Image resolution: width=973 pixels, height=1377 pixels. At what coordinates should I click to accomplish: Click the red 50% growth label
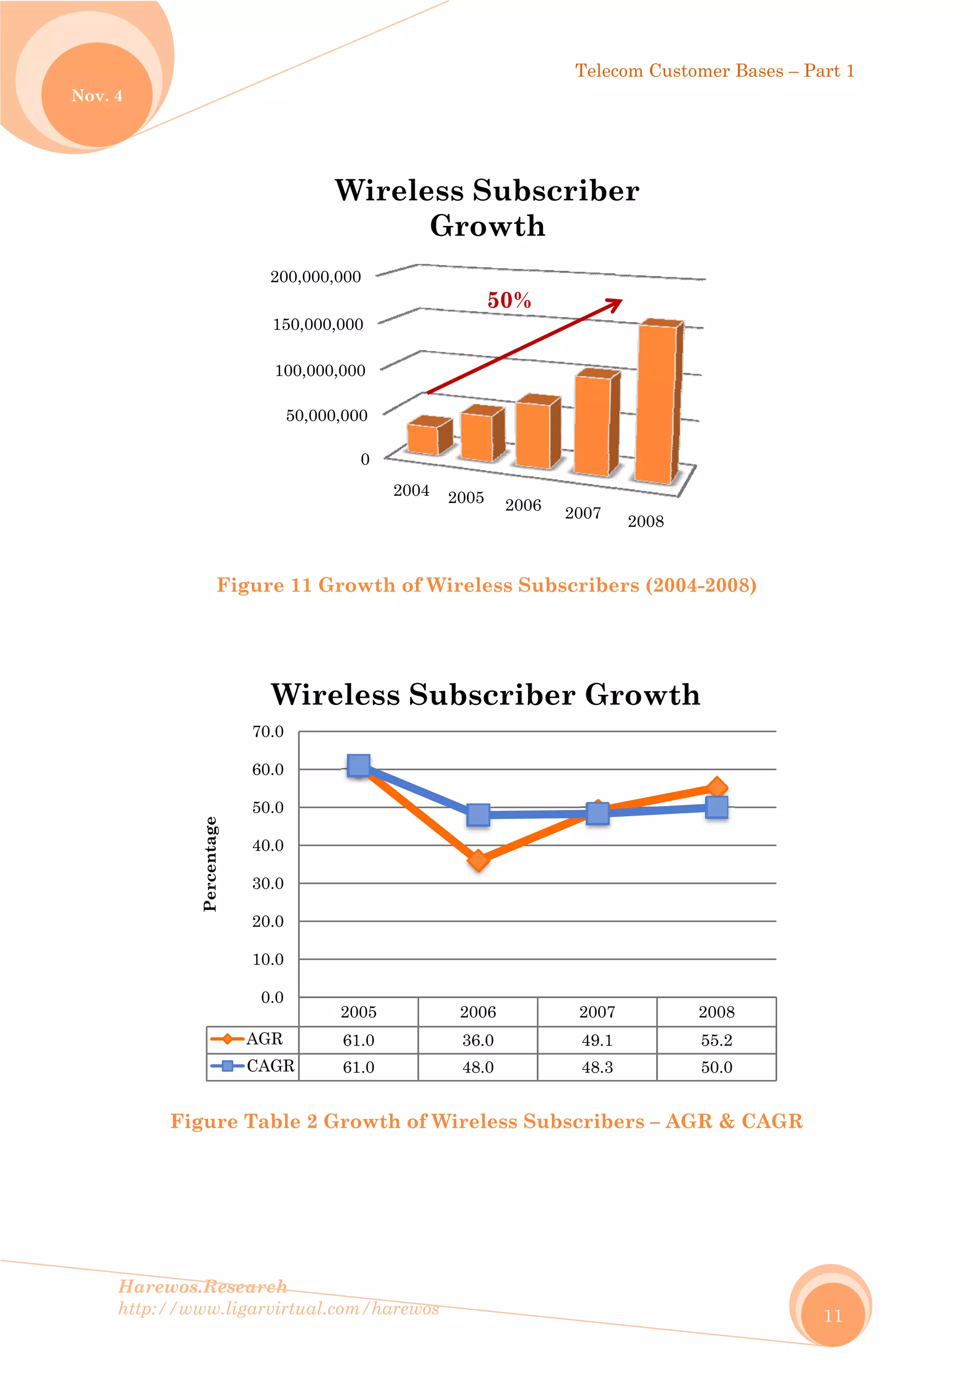tap(509, 300)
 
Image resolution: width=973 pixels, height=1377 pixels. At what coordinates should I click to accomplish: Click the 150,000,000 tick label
tap(318, 325)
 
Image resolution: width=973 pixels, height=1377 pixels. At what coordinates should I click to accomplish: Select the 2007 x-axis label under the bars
tap(583, 513)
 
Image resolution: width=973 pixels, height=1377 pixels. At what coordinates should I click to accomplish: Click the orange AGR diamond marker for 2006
tap(478, 861)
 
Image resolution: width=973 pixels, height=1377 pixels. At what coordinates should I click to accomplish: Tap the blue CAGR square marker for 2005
tap(359, 765)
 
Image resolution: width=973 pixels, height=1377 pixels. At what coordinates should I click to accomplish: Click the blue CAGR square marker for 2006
tap(478, 814)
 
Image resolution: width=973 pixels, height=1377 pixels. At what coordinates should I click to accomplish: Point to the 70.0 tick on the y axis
tap(267, 732)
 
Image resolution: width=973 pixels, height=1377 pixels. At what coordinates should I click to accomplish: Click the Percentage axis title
tap(210, 864)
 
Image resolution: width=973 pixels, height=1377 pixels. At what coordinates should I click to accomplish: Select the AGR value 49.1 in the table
tap(597, 1040)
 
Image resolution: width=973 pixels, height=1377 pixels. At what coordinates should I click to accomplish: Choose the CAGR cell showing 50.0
tap(716, 1067)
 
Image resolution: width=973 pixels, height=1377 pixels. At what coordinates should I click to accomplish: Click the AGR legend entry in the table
tap(252, 1039)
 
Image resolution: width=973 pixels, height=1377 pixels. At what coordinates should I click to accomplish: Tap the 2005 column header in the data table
tap(359, 1012)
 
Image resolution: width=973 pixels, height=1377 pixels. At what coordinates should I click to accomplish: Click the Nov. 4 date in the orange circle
tap(96, 96)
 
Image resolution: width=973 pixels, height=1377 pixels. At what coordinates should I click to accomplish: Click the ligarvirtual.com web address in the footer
tap(278, 1308)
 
